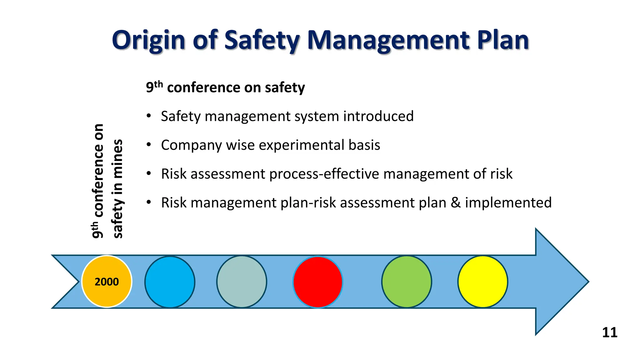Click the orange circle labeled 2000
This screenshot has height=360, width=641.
(107, 282)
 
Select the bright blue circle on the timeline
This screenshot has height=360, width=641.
(170, 282)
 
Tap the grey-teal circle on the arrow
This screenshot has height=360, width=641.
(242, 282)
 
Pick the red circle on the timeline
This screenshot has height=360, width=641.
(318, 282)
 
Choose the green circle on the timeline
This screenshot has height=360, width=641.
(407, 282)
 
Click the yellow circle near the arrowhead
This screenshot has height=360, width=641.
(483, 282)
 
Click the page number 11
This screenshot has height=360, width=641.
(609, 332)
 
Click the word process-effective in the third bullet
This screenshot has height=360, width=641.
(324, 174)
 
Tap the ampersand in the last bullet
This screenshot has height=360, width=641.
(455, 203)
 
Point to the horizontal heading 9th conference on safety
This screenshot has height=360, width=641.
(225, 87)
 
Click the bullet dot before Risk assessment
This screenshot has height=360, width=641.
(149, 174)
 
